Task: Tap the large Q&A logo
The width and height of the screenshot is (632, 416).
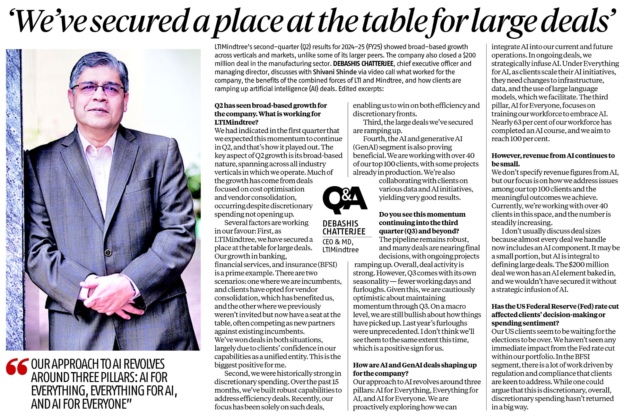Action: coord(345,200)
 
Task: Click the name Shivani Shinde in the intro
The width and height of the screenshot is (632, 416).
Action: coord(336,72)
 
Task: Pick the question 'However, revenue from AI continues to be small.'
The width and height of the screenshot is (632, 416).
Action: coord(553,159)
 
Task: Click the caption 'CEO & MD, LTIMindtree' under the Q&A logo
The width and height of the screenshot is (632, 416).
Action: coord(340,245)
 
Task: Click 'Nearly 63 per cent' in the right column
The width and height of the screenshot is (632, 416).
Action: coord(519,122)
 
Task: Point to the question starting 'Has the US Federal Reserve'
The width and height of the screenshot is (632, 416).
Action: coord(555,314)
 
